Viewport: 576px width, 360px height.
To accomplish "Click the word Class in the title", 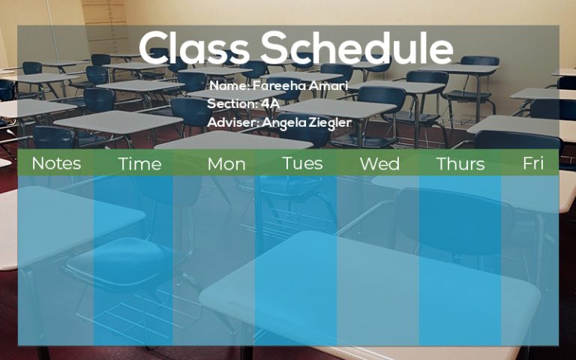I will (x=195, y=48).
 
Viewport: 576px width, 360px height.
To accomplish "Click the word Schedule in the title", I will (x=356, y=48).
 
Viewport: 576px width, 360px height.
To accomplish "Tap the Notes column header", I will (x=56, y=163).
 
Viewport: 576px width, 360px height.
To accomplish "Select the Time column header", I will (x=139, y=163).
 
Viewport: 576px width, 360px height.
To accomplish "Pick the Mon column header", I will (x=226, y=163).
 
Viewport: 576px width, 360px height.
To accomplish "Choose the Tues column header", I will (x=302, y=163).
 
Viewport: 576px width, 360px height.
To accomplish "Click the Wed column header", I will (x=379, y=163).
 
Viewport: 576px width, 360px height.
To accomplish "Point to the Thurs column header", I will (x=460, y=163).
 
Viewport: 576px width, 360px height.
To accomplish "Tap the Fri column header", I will (x=533, y=163).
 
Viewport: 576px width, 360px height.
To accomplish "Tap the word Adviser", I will (x=232, y=121).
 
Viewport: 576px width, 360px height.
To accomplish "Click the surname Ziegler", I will (x=330, y=121).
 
